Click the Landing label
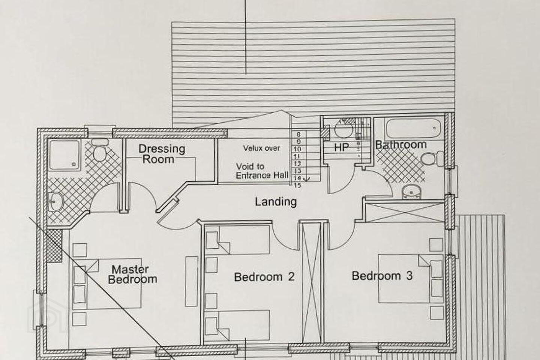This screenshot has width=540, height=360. tap(276, 202)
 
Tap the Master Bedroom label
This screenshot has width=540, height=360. tap(132, 274)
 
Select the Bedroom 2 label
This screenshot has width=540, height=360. tap(264, 277)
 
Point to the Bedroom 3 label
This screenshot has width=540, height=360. tap(382, 276)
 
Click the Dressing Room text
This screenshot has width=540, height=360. tap(162, 154)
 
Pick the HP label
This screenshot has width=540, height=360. tap(342, 147)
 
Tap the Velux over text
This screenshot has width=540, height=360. tap(262, 148)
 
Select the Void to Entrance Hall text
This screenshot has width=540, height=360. tap(262, 171)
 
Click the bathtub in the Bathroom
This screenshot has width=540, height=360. tap(413, 128)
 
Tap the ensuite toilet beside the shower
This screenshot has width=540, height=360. tap(100, 150)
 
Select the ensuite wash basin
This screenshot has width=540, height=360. tap(56, 202)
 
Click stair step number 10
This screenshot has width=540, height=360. tap(298, 149)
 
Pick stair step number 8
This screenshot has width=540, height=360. tap(298, 135)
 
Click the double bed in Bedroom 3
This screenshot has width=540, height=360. tap(411, 279)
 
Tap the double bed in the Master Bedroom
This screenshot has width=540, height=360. tap(107, 283)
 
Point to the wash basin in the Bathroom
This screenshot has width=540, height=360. tap(412, 192)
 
